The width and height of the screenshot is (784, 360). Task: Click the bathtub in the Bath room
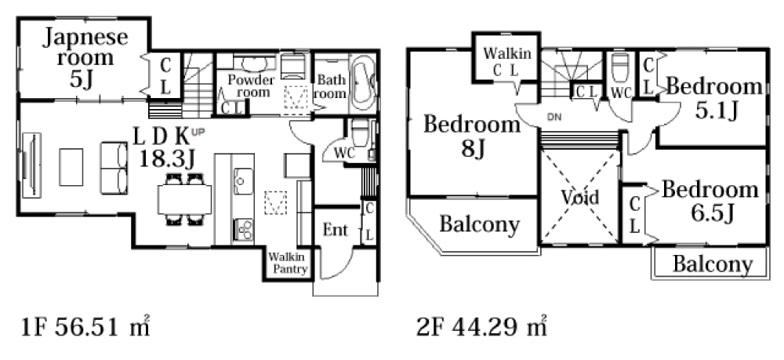pos(362,82)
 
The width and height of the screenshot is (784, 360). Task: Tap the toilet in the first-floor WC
pos(360,133)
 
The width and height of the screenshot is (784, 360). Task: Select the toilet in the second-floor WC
pos(620,67)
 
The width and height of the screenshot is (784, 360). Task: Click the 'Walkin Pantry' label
pos(288,264)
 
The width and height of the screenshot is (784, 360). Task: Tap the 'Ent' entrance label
pos(335,230)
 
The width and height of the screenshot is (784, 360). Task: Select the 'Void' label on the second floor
pos(579,198)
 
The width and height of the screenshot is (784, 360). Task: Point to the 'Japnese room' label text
pos(85,47)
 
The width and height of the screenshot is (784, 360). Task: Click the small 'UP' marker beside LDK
pos(198,132)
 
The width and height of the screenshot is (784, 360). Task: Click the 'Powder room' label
pos(251,86)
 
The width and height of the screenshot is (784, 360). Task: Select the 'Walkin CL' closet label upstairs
pos(506,61)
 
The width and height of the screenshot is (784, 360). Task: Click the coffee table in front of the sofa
pos(71,167)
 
